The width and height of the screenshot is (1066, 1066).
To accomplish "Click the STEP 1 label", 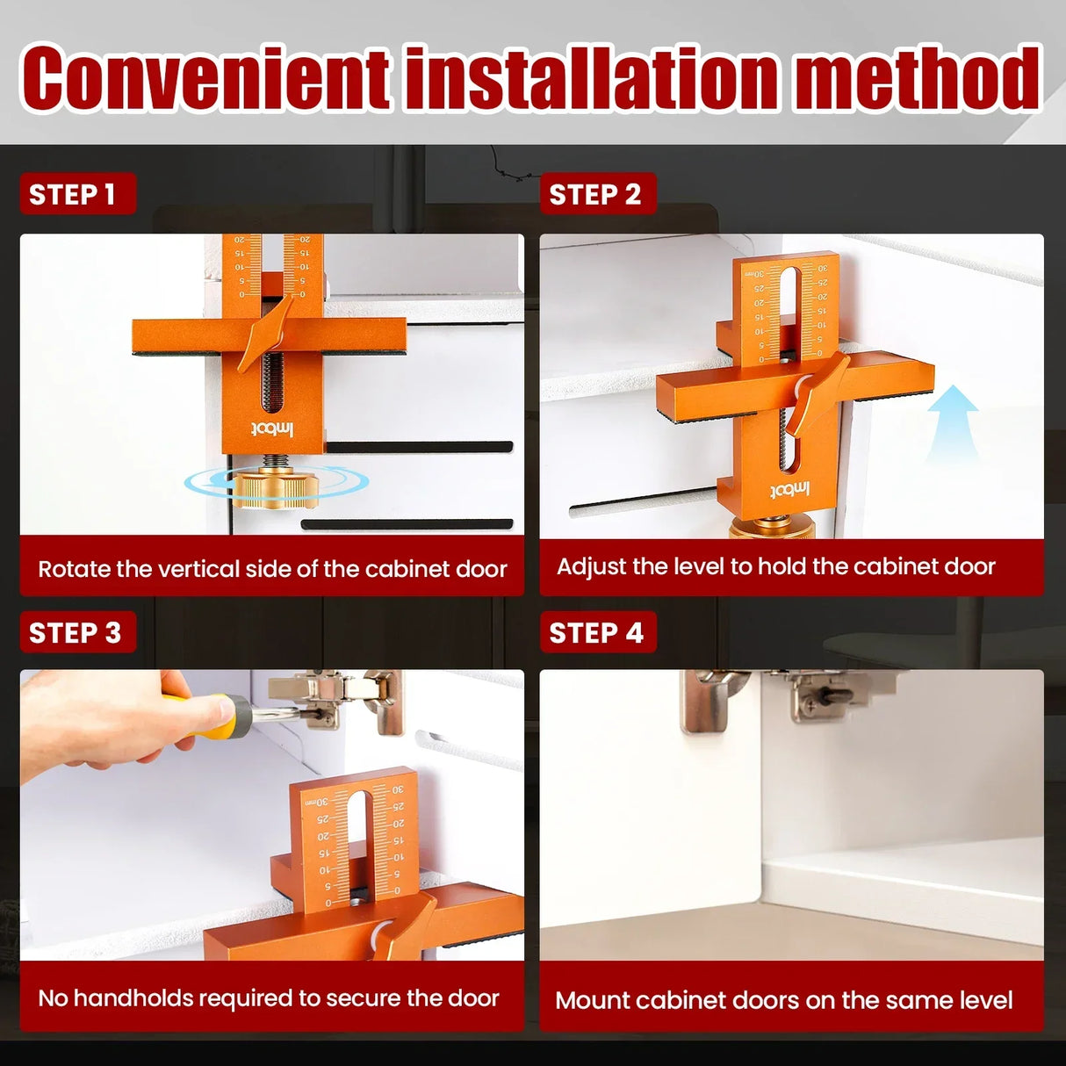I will coord(73,194).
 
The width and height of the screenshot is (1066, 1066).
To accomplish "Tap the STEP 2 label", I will coord(595,194).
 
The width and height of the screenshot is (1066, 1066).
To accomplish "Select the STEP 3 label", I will coord(76,632).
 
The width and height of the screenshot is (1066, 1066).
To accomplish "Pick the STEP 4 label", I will coord(596,632).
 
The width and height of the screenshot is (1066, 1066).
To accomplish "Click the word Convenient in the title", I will coord(207,79).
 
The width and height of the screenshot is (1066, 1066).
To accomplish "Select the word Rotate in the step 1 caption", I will coord(74,569).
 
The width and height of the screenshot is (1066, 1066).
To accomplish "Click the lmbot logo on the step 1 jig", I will coord(272,429).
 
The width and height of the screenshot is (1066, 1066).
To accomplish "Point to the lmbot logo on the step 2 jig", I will coord(789,489).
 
